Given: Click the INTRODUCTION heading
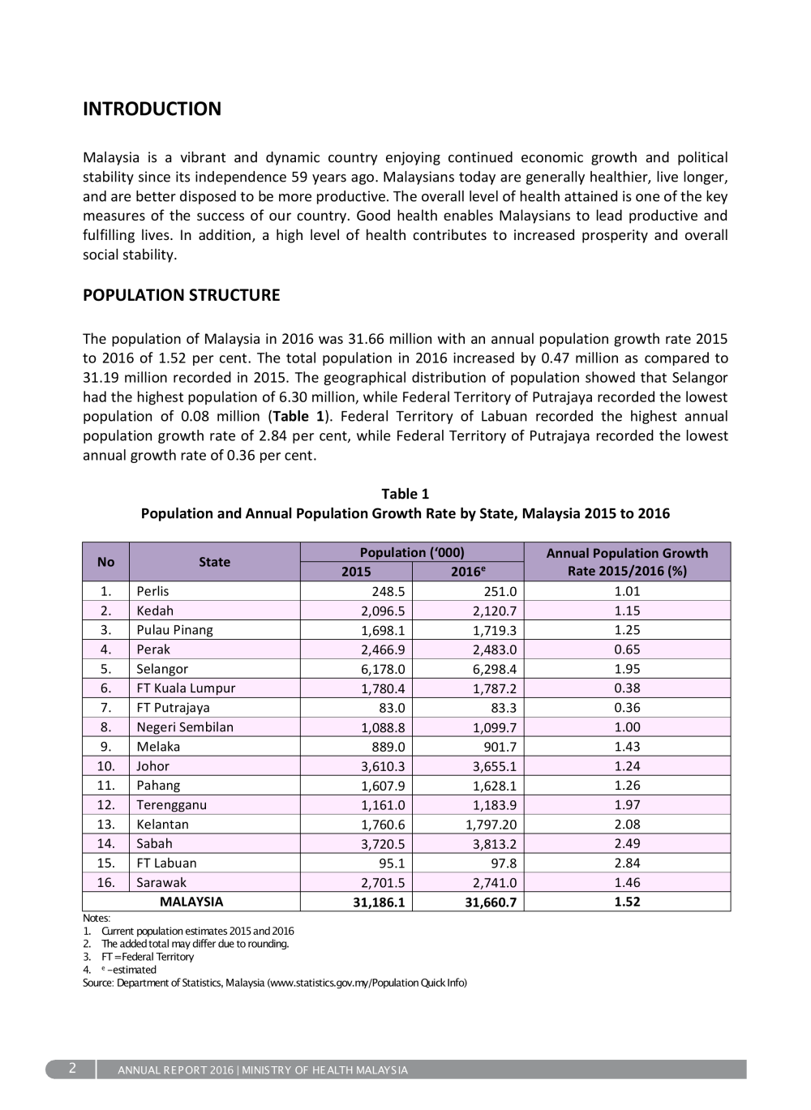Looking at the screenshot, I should tap(152, 109).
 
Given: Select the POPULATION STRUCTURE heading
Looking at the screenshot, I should tap(181, 295).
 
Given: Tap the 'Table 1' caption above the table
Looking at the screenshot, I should tap(405, 494).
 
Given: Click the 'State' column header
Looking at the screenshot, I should tap(214, 562).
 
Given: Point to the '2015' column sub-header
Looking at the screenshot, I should tap(356, 572).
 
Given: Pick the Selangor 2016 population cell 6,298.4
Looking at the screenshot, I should tap(494, 669).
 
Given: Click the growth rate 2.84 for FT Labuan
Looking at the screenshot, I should tap(627, 863).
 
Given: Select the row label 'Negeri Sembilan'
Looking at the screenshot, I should tap(185, 727).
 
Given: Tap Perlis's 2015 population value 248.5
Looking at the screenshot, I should tap(388, 591).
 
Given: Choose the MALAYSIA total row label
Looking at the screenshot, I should tap(191, 902).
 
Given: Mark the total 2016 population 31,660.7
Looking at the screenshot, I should tap(490, 902).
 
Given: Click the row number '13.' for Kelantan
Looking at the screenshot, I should tap(106, 825).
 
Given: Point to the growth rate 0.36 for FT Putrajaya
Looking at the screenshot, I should tap(627, 708).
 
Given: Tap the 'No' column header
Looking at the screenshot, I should tap(105, 562).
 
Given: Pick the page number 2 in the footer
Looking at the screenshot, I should tap(72, 1069).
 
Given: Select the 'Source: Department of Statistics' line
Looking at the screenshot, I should tap(274, 983).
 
